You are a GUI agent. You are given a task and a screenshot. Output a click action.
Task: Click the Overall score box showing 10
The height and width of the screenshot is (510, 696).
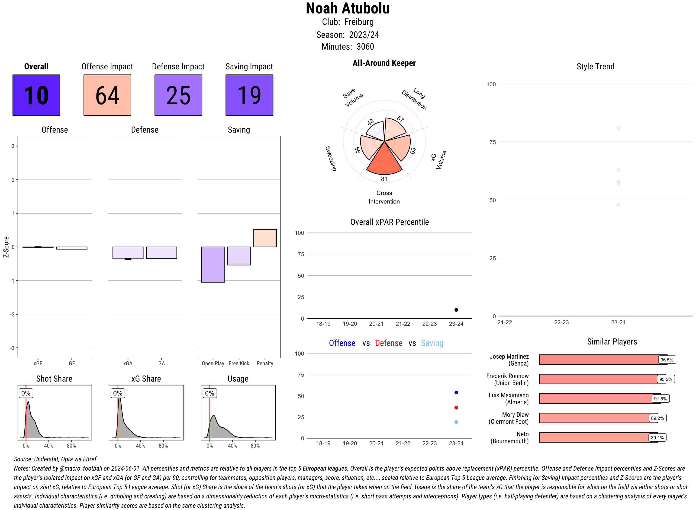[36, 95]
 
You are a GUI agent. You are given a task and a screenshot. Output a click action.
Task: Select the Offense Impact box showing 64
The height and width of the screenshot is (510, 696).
[107, 95]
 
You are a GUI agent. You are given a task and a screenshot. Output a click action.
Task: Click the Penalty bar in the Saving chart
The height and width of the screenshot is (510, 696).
[265, 238]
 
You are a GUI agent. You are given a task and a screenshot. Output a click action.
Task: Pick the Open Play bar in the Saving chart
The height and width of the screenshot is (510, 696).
[213, 264]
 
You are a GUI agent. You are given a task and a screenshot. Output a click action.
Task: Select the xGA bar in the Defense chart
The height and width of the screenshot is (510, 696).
[128, 252]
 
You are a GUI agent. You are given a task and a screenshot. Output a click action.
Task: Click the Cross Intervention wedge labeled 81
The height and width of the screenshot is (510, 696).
[384, 160]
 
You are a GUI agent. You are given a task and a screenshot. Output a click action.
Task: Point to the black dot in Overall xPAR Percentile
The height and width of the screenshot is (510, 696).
[456, 310]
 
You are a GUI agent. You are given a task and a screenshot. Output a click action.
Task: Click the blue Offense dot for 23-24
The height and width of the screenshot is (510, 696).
[456, 392]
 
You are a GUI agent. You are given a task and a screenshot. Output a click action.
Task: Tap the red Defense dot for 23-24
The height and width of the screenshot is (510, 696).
[456, 408]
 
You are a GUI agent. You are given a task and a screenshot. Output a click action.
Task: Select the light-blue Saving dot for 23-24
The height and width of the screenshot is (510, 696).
[456, 422]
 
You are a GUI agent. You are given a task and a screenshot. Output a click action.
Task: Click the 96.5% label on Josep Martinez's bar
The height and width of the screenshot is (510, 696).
[667, 360]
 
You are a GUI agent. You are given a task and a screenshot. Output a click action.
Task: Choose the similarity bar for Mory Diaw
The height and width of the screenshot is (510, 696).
[598, 418]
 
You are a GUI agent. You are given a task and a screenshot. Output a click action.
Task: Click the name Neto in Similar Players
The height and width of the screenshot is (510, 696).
[522, 434]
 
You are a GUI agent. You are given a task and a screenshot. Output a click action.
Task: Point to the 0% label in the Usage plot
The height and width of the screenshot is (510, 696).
[209, 393]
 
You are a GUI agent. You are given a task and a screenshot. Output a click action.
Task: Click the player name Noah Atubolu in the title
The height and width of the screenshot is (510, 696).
[348, 8]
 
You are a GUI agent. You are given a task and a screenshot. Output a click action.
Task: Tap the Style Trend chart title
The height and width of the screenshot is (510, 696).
[595, 66]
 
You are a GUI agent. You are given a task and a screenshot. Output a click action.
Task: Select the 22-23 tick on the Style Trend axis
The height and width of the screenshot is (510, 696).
[561, 322]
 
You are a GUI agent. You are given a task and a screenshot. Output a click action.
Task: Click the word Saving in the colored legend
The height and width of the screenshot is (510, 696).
[432, 343]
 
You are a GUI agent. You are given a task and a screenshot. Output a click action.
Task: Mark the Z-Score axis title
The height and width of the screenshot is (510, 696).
[6, 247]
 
